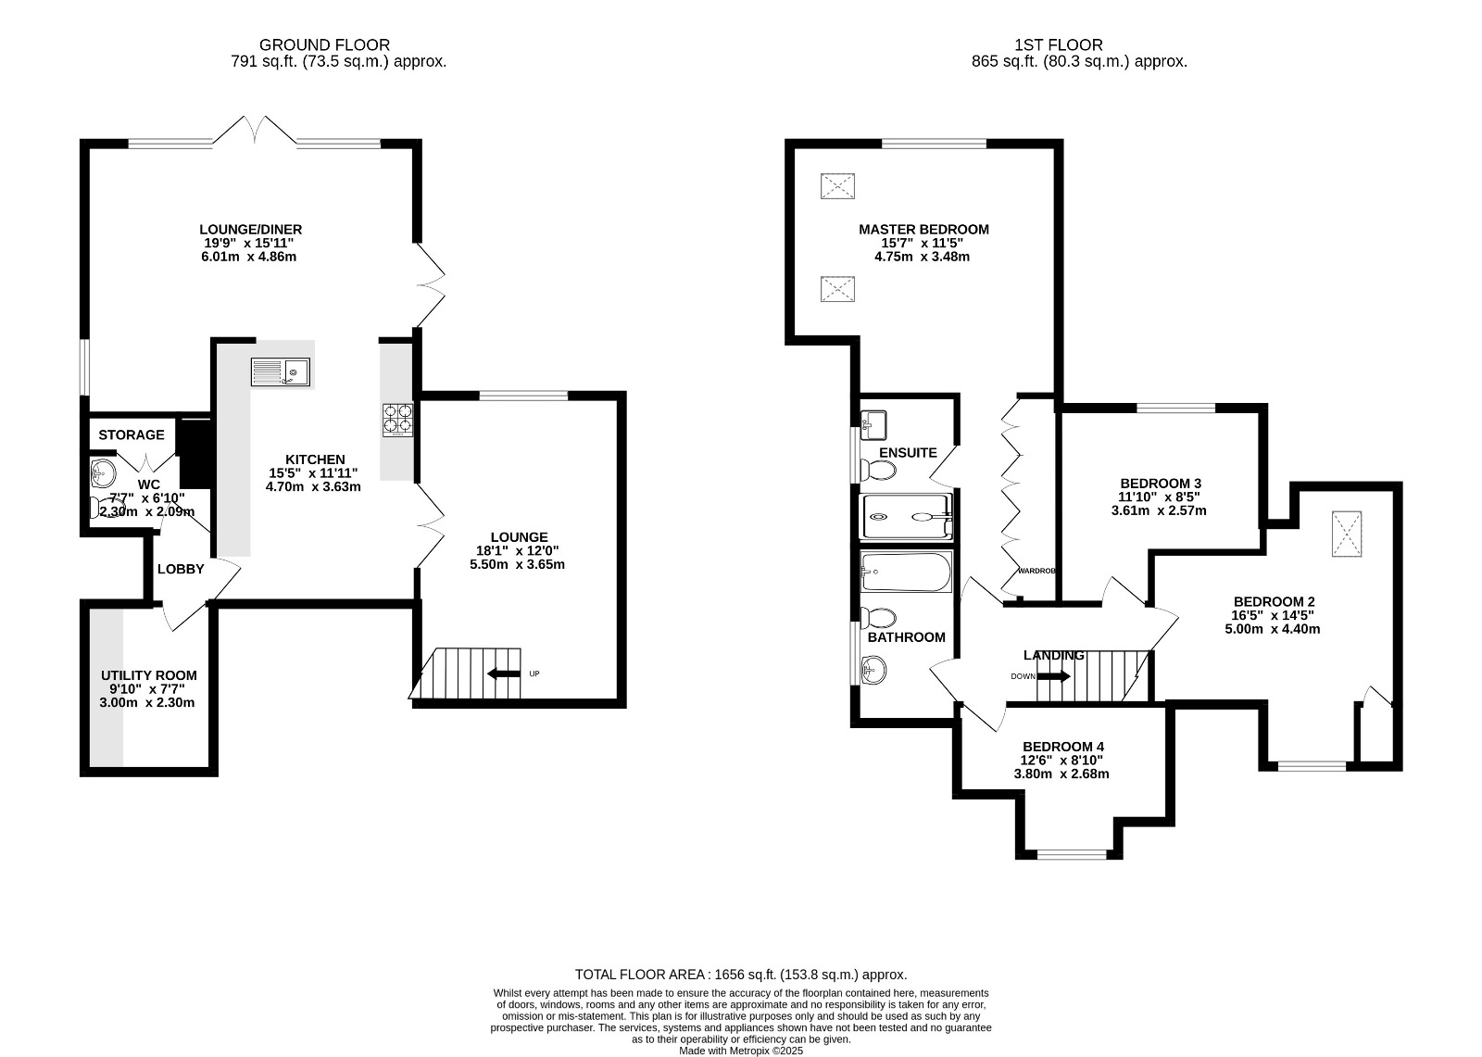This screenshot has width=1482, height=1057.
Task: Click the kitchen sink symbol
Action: [x=280, y=372]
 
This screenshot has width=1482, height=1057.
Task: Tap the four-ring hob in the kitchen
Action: [x=396, y=420]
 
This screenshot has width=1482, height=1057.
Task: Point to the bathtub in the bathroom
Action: [x=905, y=573]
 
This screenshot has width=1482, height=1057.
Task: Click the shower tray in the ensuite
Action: [x=906, y=517]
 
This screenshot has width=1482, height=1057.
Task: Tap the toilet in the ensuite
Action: [x=878, y=471]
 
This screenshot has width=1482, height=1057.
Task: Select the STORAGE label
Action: [x=132, y=434]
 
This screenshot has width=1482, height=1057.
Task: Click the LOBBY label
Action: [x=181, y=569]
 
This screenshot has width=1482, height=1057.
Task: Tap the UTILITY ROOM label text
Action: [x=148, y=675]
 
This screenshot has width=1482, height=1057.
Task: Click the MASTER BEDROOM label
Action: [x=923, y=229]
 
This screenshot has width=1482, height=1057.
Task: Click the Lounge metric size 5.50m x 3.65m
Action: [x=519, y=564]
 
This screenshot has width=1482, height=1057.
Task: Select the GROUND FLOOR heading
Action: [x=324, y=44]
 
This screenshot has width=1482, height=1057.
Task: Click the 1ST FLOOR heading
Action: [x=1059, y=44]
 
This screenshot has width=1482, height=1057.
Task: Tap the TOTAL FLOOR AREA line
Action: [x=741, y=975]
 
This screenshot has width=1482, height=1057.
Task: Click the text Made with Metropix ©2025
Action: [x=741, y=1051]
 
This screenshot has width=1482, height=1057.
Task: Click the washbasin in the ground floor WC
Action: [x=102, y=474]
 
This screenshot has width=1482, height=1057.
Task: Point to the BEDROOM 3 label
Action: [x=1160, y=484]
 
